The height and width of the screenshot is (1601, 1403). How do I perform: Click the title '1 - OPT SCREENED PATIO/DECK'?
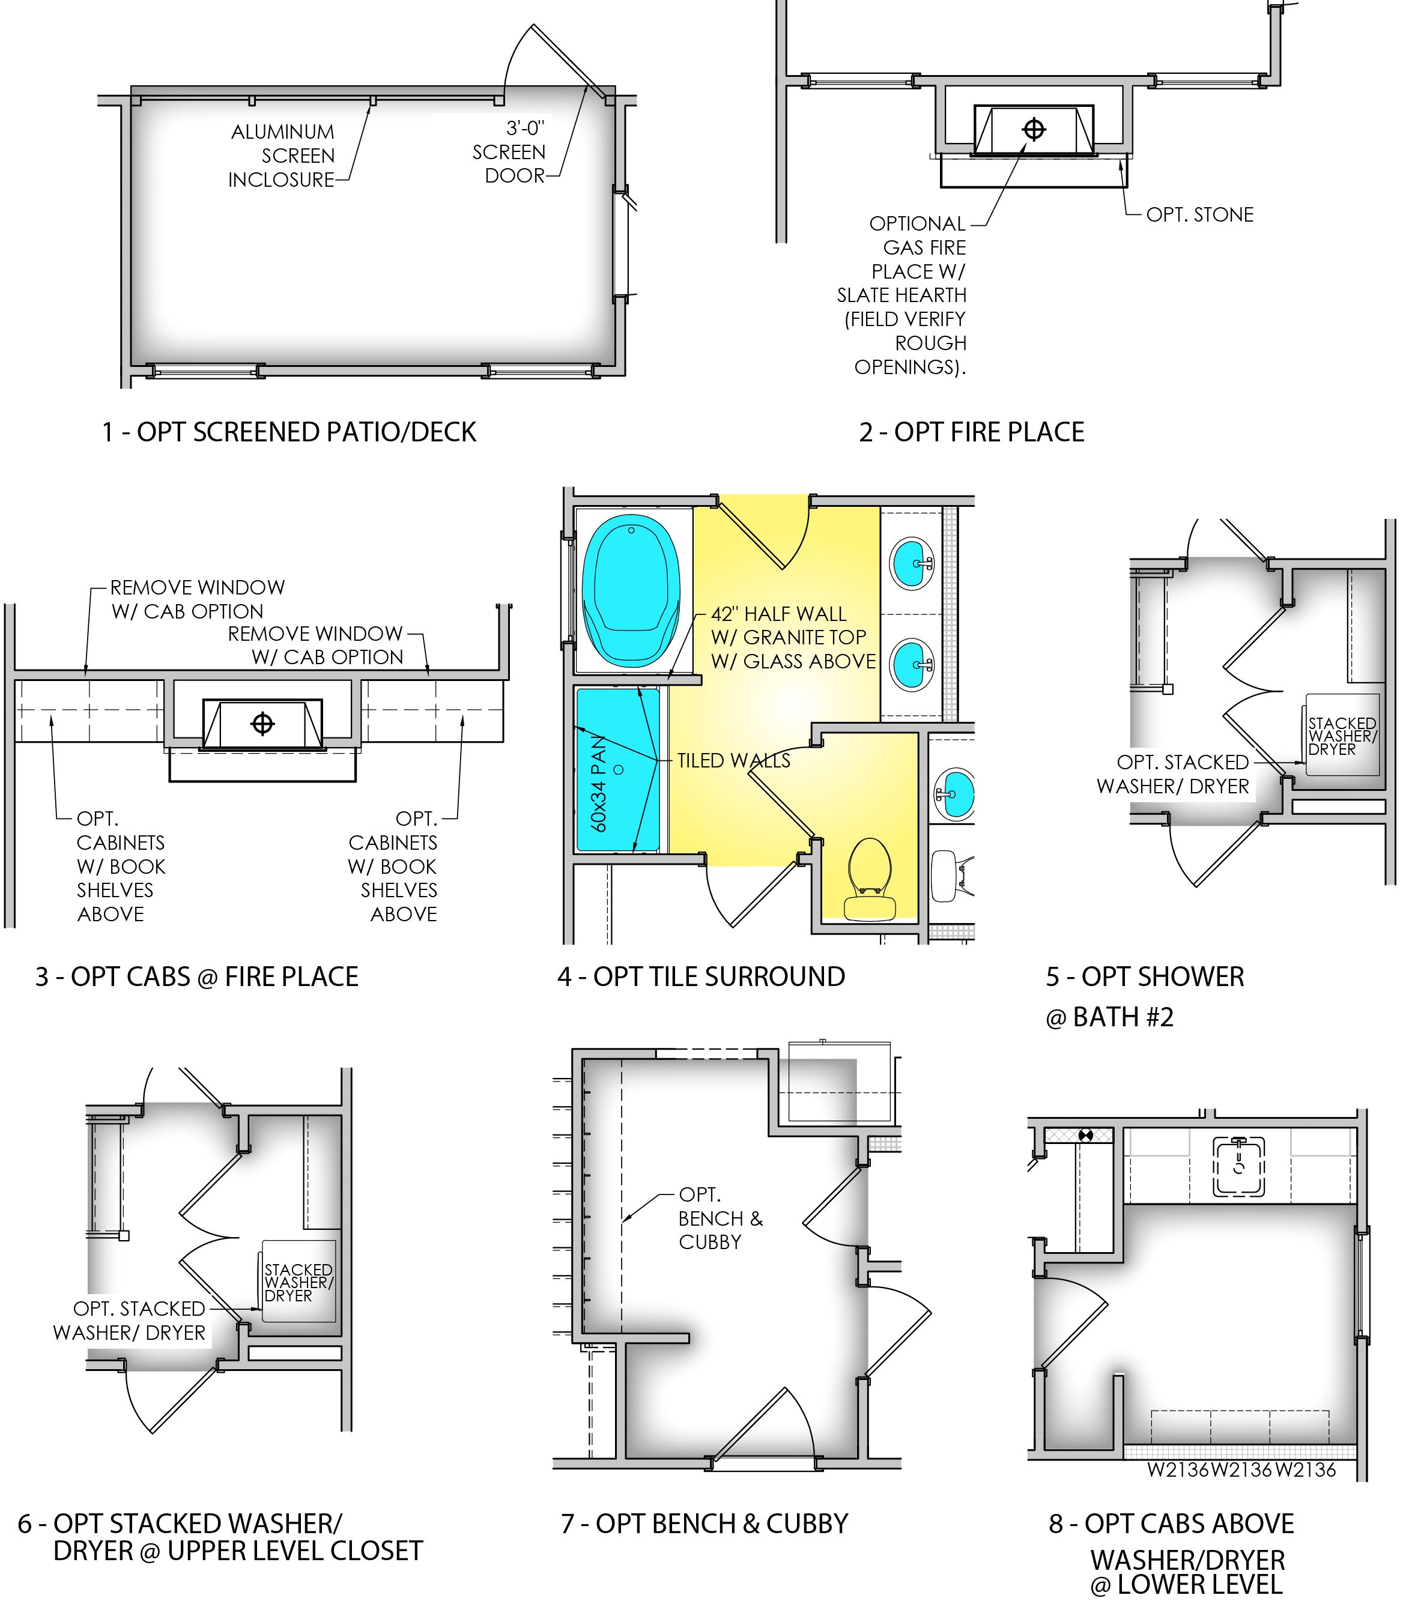tap(289, 432)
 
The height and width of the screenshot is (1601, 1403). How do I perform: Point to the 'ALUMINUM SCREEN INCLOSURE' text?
tap(282, 156)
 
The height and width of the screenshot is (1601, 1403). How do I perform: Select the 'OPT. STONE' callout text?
tap(1199, 214)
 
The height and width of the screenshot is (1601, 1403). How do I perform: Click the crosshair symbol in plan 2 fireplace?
tap(1034, 129)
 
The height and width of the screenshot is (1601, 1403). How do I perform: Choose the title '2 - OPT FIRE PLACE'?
tap(972, 432)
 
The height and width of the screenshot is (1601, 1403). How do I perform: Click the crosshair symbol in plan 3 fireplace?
tap(262, 724)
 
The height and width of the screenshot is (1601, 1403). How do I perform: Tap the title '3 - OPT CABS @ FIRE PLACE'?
tap(196, 976)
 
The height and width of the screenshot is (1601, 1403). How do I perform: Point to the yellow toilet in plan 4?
tap(869, 879)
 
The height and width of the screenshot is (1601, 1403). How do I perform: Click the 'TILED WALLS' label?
tap(733, 760)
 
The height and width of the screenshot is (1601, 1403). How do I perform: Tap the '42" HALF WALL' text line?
tap(778, 614)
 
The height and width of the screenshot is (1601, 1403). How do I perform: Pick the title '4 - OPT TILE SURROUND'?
tap(701, 976)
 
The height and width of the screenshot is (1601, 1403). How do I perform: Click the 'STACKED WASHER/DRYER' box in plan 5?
tap(1342, 735)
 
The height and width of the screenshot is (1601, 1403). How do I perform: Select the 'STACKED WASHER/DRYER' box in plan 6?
tap(298, 1282)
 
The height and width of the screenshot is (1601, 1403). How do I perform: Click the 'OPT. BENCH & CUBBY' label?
tap(720, 1218)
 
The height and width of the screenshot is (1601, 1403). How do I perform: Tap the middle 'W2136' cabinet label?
tap(1241, 1470)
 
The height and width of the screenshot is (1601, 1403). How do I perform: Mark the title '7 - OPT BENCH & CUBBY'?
tap(705, 1524)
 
